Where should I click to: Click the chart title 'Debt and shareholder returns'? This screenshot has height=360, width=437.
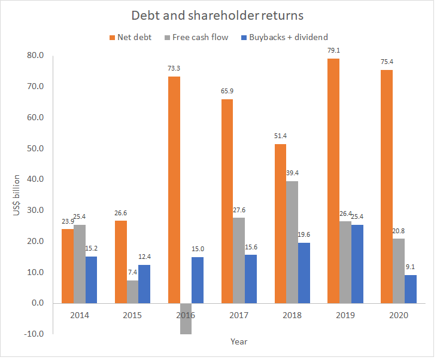tap(218, 16)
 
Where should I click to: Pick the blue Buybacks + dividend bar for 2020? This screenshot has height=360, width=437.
tap(411, 289)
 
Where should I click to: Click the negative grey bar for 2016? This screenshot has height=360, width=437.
tap(185, 319)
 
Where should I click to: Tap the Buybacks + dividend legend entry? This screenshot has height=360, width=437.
tap(284, 37)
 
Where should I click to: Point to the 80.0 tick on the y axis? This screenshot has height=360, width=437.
tap(35, 56)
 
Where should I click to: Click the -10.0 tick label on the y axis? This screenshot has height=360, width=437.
tap(34, 334)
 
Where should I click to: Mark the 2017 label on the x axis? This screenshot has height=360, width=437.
tap(238, 315)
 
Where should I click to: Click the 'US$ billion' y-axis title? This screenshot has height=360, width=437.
tap(16, 196)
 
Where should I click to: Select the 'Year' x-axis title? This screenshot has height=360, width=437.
tap(239, 342)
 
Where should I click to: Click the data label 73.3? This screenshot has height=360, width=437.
tap(174, 68)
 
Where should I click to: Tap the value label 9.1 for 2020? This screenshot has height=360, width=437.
tap(411, 267)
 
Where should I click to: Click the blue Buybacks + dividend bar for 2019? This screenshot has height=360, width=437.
tap(357, 264)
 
